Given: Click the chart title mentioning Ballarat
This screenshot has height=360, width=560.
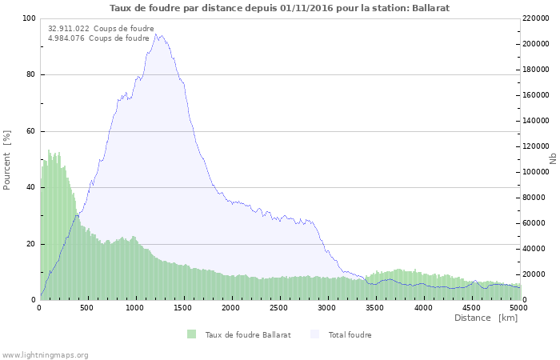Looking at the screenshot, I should pyautogui.click(x=279, y=8).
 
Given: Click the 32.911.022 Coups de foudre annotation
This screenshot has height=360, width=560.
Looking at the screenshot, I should pyautogui.click(x=101, y=28).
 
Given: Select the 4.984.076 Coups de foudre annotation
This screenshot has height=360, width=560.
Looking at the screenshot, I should pyautogui.click(x=98, y=38).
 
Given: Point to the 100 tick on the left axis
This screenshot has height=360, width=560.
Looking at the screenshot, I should pyautogui.click(x=29, y=18).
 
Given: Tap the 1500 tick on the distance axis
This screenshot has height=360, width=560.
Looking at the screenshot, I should pyautogui.click(x=184, y=307).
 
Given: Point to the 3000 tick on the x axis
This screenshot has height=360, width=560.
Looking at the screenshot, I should pyautogui.click(x=327, y=307).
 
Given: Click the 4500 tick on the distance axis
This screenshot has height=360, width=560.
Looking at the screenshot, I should pyautogui.click(x=471, y=307).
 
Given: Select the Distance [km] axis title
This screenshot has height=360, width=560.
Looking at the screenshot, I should pyautogui.click(x=486, y=318).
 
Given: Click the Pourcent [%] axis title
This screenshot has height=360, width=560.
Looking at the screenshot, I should pyautogui.click(x=7, y=159).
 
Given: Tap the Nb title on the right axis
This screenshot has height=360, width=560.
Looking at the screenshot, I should pyautogui.click(x=553, y=159).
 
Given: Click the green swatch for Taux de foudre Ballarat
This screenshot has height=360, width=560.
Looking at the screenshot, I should pyautogui.click(x=191, y=334).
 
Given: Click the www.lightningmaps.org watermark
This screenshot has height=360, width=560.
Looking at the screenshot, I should pyautogui.click(x=45, y=354).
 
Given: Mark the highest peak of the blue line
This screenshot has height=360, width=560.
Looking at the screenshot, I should pyautogui.click(x=157, y=34).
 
